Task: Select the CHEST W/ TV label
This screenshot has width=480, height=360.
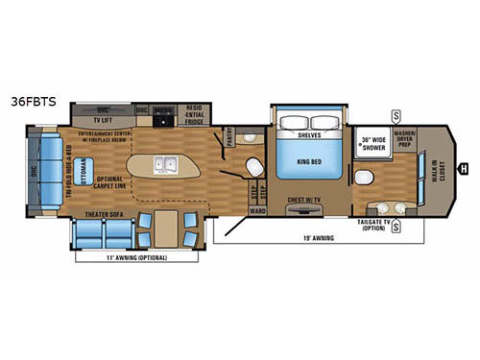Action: pos(305,202)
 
